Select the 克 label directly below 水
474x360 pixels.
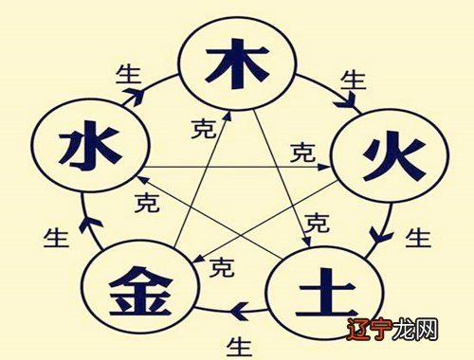point(147,201)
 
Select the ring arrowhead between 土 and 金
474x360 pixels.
point(239,309)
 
